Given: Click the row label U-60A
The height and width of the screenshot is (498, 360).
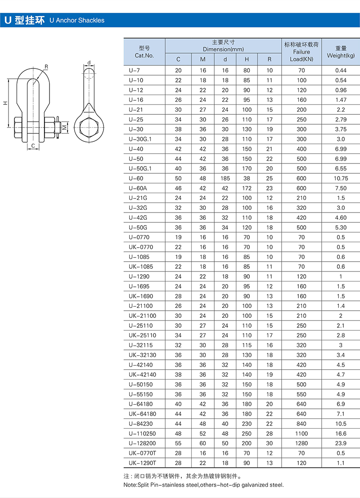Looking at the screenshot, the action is [x=138, y=188].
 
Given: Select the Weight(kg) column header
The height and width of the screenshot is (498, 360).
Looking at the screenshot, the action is [x=341, y=55].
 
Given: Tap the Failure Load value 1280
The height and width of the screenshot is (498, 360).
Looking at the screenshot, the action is [x=301, y=444].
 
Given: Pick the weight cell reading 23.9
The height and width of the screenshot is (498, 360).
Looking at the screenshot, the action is [x=341, y=444].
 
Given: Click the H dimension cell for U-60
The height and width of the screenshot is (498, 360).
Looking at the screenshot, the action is [x=247, y=178].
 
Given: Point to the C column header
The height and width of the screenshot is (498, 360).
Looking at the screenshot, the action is [x=178, y=59].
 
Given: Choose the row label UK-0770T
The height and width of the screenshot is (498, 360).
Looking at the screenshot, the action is [x=142, y=453].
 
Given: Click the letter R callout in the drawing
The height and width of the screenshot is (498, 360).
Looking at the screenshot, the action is [x=46, y=67].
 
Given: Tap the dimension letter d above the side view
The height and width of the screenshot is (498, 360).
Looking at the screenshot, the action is [x=89, y=63].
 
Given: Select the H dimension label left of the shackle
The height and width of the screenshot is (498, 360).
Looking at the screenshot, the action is [x=5, y=103].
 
